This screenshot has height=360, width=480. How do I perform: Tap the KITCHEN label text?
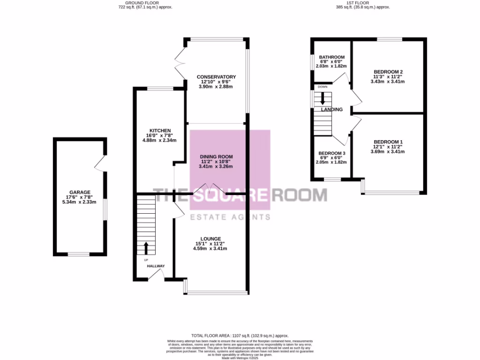coord(160,130)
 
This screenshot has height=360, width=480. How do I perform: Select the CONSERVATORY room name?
coord(216,77)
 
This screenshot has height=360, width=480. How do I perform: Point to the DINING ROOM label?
coord(216,157)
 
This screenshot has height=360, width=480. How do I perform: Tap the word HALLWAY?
coord(156,266)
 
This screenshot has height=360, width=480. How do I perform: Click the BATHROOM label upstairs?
coord(332,57)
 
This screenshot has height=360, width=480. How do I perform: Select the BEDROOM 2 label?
coord(388,72)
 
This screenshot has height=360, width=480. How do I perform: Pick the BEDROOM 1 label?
coord(388,142)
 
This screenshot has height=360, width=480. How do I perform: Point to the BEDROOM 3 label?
coord(332,153)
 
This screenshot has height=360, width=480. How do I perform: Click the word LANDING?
coord(332,110)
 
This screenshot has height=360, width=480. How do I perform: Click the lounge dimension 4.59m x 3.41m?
coord(210,248)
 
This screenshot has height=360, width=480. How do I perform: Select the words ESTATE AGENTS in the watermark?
coord(230,217)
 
